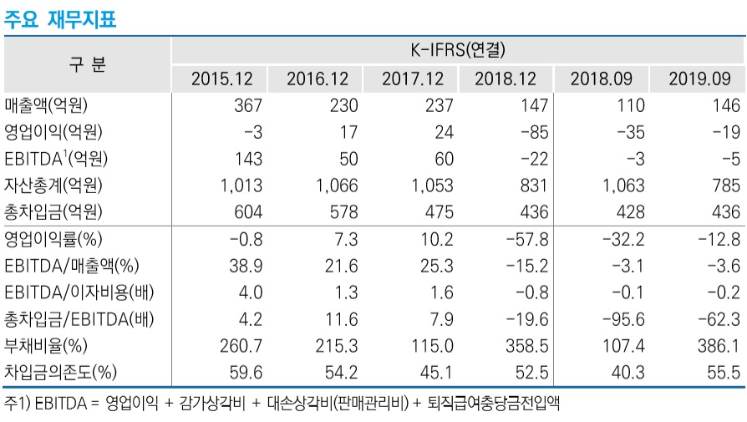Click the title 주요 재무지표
point(60,19)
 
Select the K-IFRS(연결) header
point(458,50)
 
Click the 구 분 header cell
point(87,64)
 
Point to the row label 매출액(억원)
point(46,105)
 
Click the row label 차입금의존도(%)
point(58,373)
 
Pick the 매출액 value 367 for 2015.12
point(249,105)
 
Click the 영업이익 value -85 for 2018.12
point(531,132)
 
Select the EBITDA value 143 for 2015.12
point(248,159)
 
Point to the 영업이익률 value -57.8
point(526,240)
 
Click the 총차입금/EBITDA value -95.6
point(622,319)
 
